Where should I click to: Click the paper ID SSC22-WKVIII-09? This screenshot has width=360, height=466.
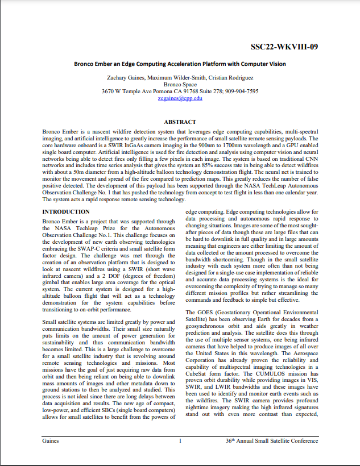point(284,47)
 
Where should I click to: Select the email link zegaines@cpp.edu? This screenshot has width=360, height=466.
point(180,98)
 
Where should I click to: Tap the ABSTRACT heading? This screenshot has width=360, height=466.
point(180,122)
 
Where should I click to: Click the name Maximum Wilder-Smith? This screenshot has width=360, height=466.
point(177,76)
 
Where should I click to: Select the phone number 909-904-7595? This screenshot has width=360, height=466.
point(241,91)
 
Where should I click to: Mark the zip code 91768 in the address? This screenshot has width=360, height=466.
point(184,91)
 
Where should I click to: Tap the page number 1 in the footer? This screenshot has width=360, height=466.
point(180,440)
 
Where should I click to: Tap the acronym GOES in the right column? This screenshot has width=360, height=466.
point(204,313)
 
